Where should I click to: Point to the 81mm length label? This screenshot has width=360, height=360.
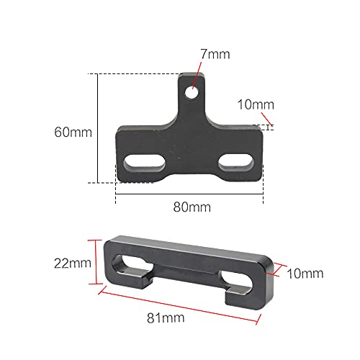[x=171, y=317]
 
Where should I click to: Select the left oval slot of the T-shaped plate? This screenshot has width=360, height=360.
[x=146, y=159]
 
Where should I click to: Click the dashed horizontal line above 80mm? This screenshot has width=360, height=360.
[x=189, y=192]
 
